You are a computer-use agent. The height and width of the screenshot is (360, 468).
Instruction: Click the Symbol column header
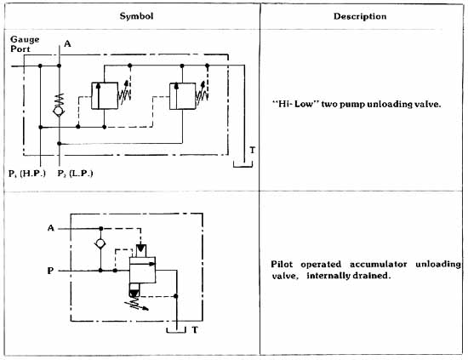[x=136, y=16]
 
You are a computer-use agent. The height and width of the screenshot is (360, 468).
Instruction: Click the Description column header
[x=360, y=16]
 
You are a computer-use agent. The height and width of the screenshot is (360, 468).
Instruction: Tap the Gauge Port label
[x=25, y=44]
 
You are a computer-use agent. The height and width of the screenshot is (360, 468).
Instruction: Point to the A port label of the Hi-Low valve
[x=67, y=44]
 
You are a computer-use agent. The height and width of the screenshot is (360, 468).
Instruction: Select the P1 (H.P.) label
[x=27, y=174]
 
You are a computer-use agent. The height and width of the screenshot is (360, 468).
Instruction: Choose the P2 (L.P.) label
[x=75, y=174]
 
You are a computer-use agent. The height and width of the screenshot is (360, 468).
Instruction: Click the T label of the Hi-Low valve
[x=253, y=150]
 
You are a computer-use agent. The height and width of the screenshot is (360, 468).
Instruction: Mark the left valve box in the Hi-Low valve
[x=105, y=95]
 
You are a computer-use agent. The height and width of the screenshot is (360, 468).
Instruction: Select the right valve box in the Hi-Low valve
[x=182, y=96]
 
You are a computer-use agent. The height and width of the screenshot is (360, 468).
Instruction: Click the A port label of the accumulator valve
[x=51, y=228]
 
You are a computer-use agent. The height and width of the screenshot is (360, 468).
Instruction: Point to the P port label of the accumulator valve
[x=50, y=271]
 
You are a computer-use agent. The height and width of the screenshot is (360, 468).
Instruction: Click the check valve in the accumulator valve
[x=100, y=243]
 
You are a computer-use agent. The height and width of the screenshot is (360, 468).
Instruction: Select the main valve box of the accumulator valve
[x=142, y=270]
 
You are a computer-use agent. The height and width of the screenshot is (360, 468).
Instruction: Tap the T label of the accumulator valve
[x=195, y=330]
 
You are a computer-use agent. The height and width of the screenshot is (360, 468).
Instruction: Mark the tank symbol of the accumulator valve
[x=176, y=332]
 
